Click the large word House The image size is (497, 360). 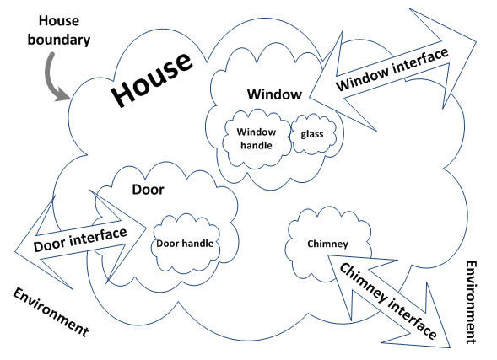[152, 79]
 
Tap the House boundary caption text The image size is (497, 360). [59, 30]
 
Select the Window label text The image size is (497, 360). [274, 94]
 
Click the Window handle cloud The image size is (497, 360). [257, 138]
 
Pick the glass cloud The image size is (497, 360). [312, 134]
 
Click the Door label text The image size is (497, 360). [148, 190]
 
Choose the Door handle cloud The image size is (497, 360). [186, 243]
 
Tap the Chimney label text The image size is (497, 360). [327, 244]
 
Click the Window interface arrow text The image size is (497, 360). [392, 69]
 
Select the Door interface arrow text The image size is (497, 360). [80, 239]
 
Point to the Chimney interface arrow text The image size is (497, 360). [388, 301]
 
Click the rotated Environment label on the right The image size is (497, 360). [472, 302]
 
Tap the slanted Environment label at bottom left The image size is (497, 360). [51, 312]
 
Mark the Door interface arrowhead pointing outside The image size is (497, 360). [44, 242]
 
